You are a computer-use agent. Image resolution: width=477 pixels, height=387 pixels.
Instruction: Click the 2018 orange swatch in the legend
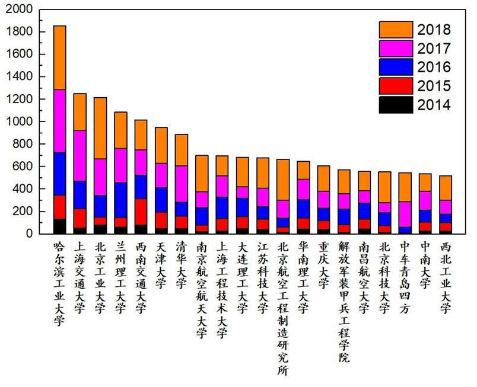(395, 30)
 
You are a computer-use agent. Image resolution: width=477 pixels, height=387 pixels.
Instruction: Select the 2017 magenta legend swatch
(395, 49)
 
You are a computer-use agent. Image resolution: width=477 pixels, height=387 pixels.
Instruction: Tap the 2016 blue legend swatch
(395, 67)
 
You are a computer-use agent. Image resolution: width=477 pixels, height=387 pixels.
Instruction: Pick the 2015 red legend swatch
(395, 86)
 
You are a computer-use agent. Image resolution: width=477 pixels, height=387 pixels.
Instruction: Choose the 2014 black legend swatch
(395, 105)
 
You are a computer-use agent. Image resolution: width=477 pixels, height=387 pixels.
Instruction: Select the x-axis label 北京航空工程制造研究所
(283, 308)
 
